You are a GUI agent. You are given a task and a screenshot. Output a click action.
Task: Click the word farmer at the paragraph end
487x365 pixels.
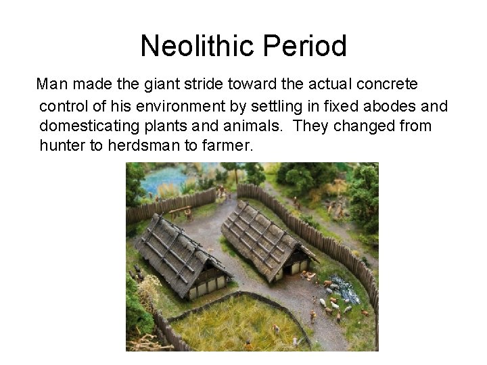point(227,146)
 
